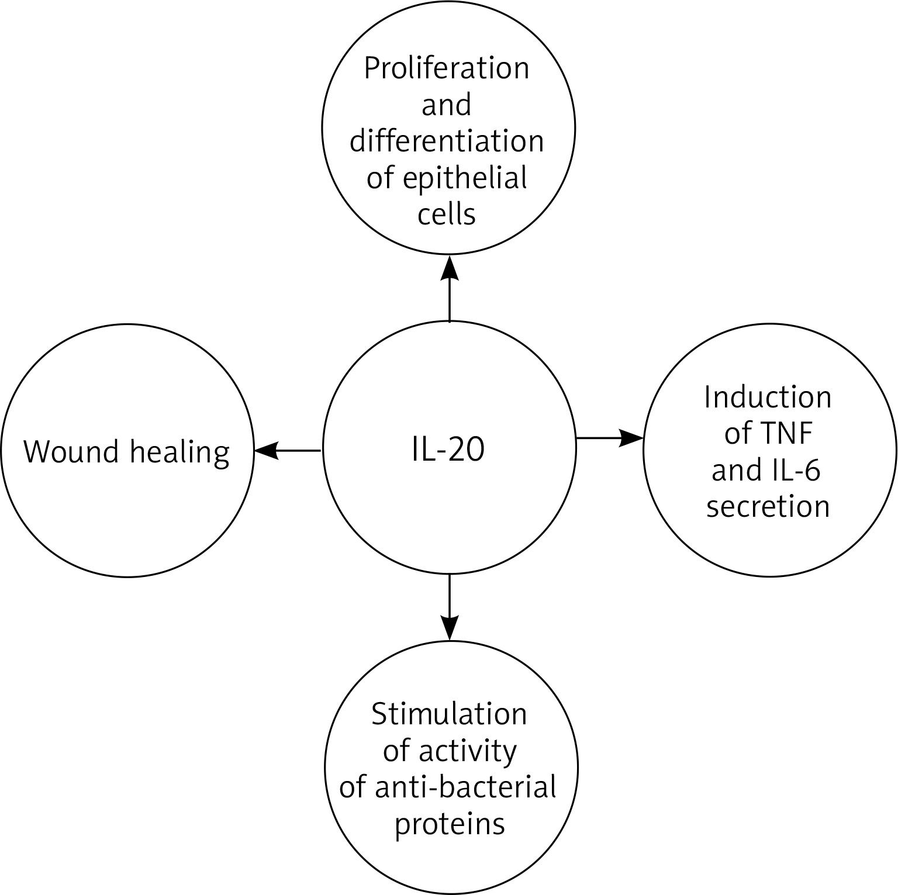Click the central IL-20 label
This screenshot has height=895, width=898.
448,451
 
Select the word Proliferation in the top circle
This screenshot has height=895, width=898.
447,69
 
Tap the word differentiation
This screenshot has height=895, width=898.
447,142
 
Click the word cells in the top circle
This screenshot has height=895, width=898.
447,214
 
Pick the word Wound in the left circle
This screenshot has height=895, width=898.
70,452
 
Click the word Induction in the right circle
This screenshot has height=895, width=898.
768,398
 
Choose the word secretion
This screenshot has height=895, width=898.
768,506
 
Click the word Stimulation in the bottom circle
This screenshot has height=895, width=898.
449,714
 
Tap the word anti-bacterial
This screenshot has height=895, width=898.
465,787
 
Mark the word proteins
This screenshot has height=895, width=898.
449,824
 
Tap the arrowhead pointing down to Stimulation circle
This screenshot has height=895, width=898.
449,628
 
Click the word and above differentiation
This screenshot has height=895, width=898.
447,106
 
